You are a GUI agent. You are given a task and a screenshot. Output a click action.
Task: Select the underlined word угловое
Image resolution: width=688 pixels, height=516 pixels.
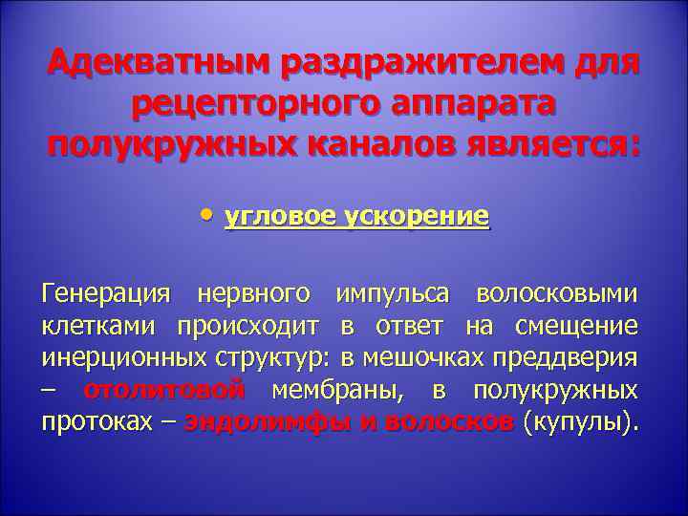click(270, 218)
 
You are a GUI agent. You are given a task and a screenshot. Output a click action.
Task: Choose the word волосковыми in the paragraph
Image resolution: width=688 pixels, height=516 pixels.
click(557, 293)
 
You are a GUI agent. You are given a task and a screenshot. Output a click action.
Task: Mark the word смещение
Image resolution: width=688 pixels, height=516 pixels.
click(576, 326)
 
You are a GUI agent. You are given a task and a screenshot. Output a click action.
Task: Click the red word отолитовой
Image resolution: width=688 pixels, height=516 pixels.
click(164, 391)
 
